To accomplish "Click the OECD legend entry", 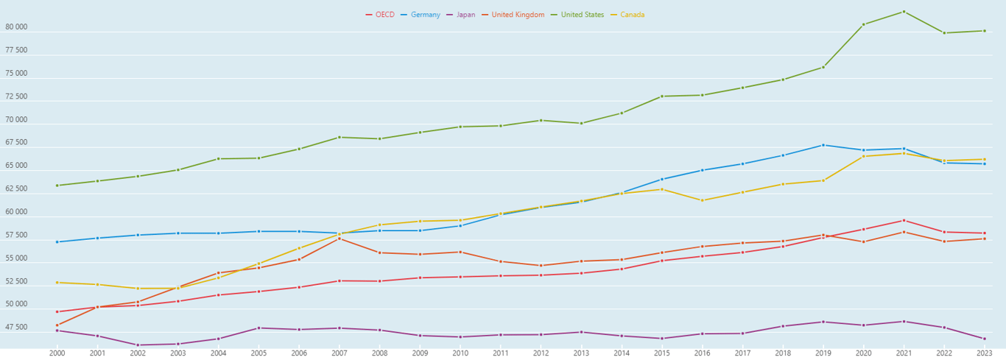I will click(x=384, y=15).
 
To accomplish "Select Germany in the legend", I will click(x=426, y=15).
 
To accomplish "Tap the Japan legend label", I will click(x=465, y=15).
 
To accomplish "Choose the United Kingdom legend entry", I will click(x=518, y=15).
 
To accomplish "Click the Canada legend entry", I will click(x=632, y=15).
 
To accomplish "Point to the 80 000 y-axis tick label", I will click(x=16, y=27).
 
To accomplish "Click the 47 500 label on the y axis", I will click(x=16, y=328).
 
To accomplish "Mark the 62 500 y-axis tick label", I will click(x=16, y=189).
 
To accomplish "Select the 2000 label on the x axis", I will click(x=57, y=353).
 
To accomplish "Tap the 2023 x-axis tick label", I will click(x=984, y=353).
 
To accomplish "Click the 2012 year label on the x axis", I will click(x=541, y=353).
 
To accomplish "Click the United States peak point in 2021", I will click(x=904, y=12).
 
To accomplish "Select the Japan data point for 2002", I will click(x=138, y=345).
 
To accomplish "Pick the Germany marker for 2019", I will click(x=823, y=145).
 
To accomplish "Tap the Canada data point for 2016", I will click(x=702, y=200).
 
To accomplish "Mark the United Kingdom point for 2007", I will click(x=340, y=239).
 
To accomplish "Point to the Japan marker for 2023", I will click(x=984, y=339).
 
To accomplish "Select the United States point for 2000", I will click(x=57, y=186).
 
